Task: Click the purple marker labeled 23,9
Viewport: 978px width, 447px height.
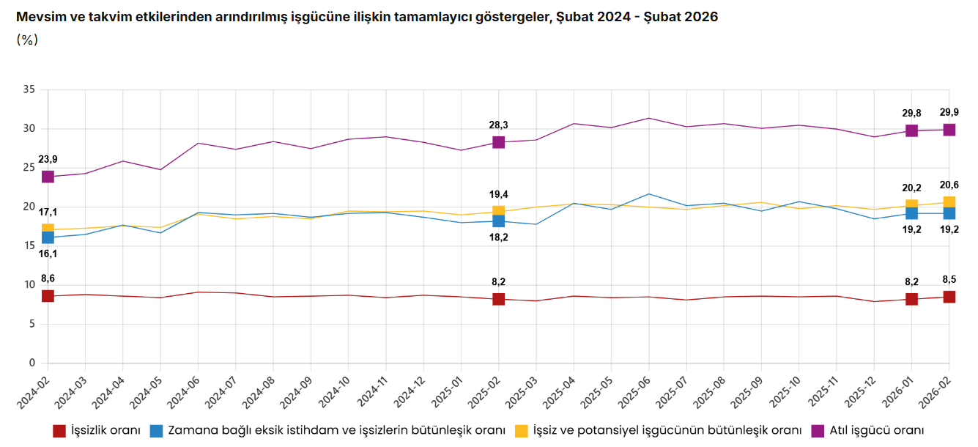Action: pos(48,177)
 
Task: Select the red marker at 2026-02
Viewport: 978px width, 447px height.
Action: pos(949,297)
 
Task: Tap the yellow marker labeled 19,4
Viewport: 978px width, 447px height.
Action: pos(498,212)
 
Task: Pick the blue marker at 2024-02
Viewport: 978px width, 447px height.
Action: pos(48,237)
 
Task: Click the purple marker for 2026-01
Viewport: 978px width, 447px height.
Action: pos(911,130)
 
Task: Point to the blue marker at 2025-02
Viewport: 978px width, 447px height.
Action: pos(498,221)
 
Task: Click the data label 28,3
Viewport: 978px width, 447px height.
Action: pos(499,125)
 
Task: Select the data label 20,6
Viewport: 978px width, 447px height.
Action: pos(949,185)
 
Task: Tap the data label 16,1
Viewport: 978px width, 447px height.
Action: pos(48,254)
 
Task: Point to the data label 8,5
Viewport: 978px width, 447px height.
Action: pos(949,279)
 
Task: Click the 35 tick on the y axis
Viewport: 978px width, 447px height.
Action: pos(29,90)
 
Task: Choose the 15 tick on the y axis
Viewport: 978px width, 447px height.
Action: pos(29,246)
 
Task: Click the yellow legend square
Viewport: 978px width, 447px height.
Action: pos(522,430)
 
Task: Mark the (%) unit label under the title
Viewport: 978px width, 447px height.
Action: pos(26,40)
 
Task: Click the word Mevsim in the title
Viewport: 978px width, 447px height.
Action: pos(37,17)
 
